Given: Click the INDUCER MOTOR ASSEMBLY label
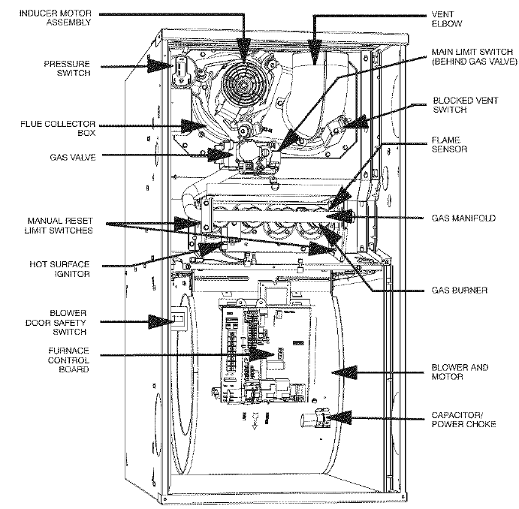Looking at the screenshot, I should (x=56, y=17).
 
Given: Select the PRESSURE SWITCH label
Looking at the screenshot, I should (x=67, y=68).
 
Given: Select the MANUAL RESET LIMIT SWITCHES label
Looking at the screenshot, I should (x=60, y=226).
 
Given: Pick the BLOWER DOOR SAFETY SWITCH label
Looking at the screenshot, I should (x=68, y=321).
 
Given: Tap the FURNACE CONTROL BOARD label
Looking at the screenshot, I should (x=69, y=360).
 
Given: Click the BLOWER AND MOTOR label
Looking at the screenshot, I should (x=460, y=372).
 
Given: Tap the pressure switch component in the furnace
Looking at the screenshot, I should (x=181, y=69).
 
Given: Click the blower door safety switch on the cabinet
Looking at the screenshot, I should (x=177, y=321).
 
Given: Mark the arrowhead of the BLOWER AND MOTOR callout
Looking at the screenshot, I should (x=336, y=372).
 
